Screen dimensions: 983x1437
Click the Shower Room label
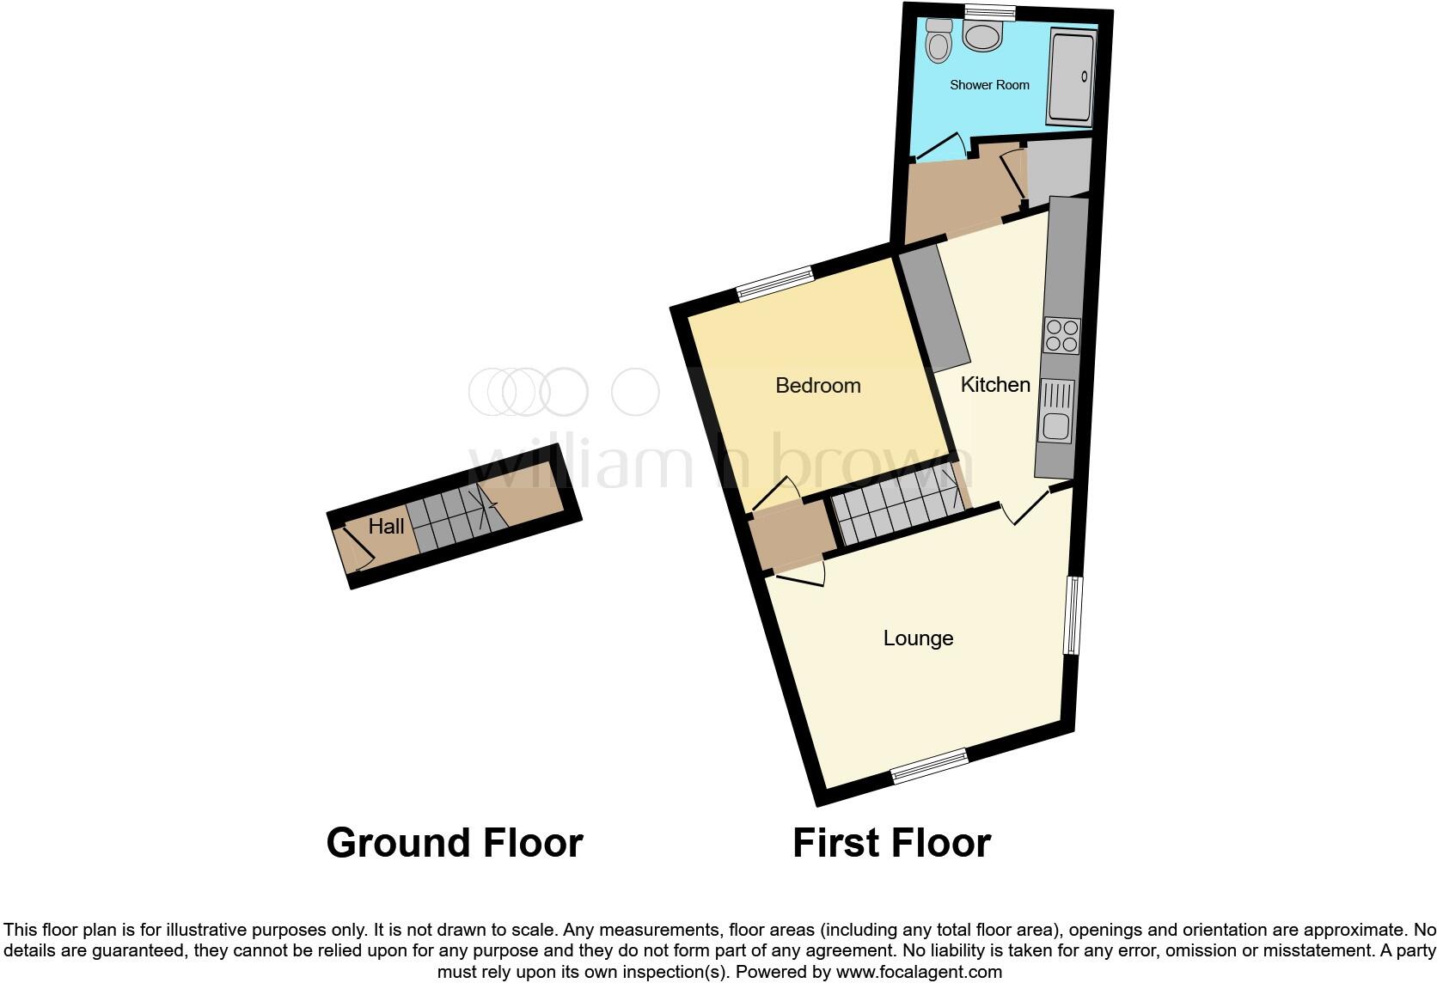(x=989, y=85)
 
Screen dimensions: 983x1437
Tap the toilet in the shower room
(x=939, y=40)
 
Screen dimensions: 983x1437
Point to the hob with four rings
(x=1061, y=335)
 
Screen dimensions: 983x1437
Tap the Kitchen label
(x=994, y=385)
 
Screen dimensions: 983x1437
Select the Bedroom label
(x=817, y=386)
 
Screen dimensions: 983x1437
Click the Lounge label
(x=918, y=638)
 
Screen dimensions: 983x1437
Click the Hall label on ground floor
(x=386, y=527)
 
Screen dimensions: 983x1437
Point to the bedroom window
(x=775, y=284)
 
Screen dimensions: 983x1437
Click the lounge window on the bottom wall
(x=930, y=765)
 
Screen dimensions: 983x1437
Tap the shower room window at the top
(x=989, y=11)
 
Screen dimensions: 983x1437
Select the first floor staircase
(x=898, y=507)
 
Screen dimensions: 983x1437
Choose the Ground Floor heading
(x=455, y=843)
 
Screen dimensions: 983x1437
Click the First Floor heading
(x=891, y=843)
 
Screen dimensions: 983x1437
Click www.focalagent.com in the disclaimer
(x=919, y=973)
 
